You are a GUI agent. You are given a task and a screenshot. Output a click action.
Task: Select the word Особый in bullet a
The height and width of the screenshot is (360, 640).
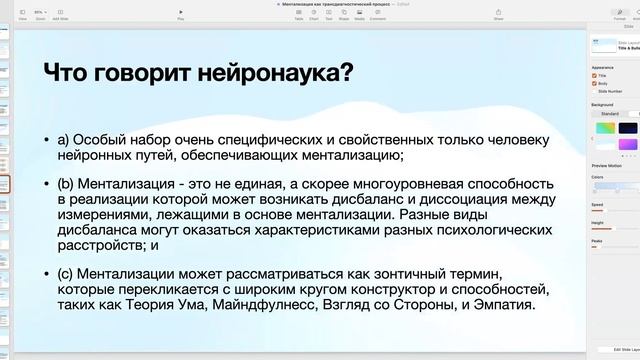[106, 139]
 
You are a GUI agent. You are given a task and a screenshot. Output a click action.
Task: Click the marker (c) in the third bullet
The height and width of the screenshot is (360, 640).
[78, 274]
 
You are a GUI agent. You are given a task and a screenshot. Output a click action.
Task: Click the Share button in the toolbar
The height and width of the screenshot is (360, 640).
[499, 15]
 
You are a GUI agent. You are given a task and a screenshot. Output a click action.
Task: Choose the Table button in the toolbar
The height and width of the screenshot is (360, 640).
[298, 15]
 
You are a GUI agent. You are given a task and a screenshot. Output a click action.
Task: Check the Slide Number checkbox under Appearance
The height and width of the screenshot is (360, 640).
[595, 91]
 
